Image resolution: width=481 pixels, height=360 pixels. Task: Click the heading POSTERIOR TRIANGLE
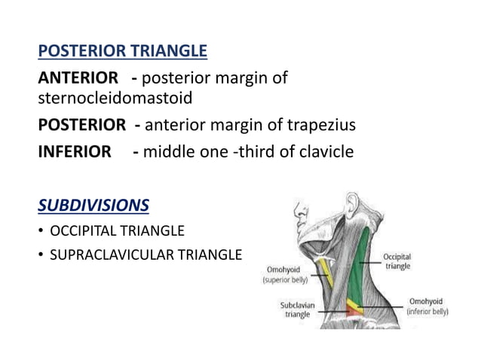coord(122,51)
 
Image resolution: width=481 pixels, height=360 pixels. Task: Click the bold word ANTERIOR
coord(78,78)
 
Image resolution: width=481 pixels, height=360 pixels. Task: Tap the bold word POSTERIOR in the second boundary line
coord(82,125)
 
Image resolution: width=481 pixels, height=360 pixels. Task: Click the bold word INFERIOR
coord(74,151)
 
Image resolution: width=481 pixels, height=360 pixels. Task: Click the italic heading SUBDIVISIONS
coord(93,206)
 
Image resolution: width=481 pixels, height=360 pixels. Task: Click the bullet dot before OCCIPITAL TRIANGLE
coord(41,230)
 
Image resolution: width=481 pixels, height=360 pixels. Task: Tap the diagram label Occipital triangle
coord(397,261)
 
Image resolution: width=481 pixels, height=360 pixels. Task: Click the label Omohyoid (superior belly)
coord(284,275)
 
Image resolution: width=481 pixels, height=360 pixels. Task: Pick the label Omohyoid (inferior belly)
coord(427,306)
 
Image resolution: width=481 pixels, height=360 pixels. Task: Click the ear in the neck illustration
coord(351,205)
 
